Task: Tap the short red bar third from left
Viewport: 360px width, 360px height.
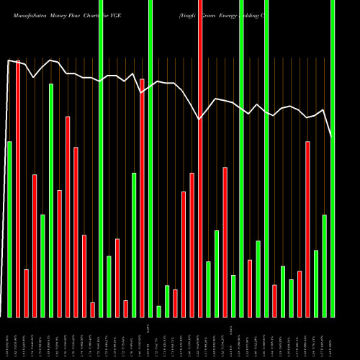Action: pos(27,293)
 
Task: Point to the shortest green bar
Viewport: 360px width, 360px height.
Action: pos(158,311)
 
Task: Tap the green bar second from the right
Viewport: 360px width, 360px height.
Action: pos(324,266)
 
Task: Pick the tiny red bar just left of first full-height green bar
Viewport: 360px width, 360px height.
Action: pos(93,310)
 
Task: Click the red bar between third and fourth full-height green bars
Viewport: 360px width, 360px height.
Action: pos(250,288)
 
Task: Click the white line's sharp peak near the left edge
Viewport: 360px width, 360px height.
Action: pos(9,60)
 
